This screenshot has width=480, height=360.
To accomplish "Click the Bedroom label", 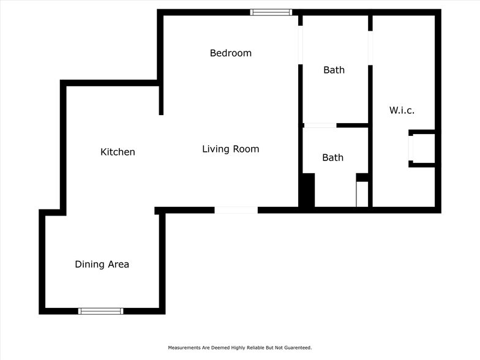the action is [230, 53].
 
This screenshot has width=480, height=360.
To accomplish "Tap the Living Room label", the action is [230, 149].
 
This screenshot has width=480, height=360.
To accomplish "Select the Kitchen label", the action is [118, 152].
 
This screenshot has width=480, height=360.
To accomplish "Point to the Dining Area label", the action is [102, 264].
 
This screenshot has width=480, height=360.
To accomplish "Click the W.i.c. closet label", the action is [402, 110].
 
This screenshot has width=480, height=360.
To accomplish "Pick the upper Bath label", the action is [334, 70].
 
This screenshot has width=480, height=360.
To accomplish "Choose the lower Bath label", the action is [333, 158].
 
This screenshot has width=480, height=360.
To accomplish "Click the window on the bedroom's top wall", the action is [271, 12].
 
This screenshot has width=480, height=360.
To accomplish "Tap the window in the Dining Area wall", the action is [100, 311].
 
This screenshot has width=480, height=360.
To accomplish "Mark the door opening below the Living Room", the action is [236, 210].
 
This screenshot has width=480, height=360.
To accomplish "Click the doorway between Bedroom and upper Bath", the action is [300, 45].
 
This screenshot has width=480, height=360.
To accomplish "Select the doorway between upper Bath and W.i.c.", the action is [370, 48].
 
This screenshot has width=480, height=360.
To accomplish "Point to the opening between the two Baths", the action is [320, 126].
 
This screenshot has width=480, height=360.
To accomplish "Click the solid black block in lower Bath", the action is [307, 190].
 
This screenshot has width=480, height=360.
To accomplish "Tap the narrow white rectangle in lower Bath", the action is [362, 194].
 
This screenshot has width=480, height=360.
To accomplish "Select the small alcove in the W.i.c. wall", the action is [422, 148].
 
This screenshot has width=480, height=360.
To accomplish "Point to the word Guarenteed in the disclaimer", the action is [298, 348].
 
